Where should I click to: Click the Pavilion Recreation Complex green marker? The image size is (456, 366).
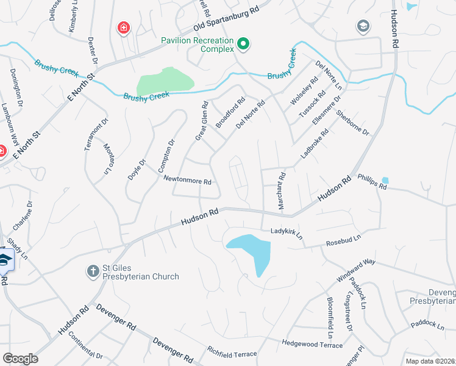coord(243,43)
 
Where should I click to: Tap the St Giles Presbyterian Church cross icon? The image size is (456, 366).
coord(93,271)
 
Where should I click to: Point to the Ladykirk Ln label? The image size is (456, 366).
coord(287,234)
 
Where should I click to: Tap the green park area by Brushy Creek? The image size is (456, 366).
coord(165,82)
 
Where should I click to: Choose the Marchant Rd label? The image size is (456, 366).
coord(282,192)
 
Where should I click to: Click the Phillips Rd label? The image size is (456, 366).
coord(372,182)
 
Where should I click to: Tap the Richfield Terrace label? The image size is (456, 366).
coord(232,352)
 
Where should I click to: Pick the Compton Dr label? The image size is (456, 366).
coord(165,155)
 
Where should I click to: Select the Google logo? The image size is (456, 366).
coord(20,358)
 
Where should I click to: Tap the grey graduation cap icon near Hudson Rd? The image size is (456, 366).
coord(363,26)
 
